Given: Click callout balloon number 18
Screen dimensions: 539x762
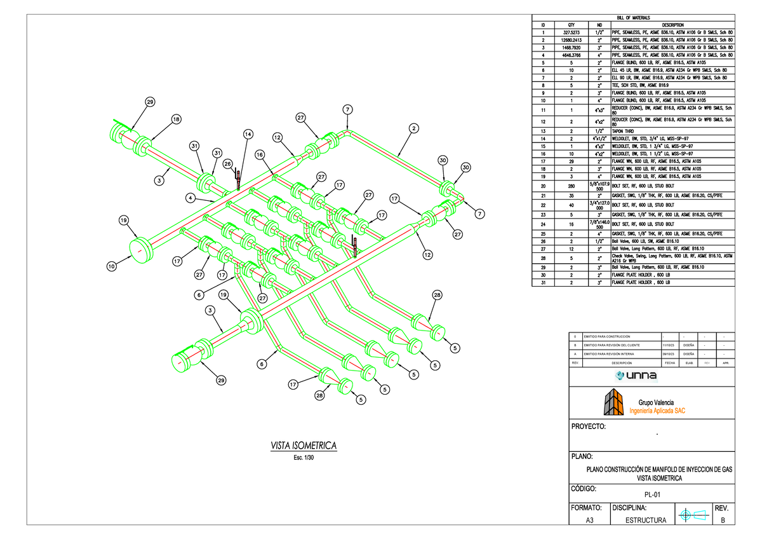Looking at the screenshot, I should tap(175, 119).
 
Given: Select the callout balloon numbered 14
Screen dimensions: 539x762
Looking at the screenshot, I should tap(248, 134).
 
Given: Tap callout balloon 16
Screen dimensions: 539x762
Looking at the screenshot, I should tap(259, 154).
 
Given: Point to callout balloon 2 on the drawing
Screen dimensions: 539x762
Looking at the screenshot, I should tap(413, 129).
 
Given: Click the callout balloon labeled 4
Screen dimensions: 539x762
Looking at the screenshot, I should tap(189, 198).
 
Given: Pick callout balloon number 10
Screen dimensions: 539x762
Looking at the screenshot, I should tap(112, 267).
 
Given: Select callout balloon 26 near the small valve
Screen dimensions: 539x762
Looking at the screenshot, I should tap(227, 164).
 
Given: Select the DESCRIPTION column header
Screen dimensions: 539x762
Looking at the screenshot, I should tap(671, 25).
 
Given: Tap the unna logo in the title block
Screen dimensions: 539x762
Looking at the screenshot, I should tap(650, 376).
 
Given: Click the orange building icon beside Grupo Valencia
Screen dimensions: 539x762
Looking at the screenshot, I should tap(614, 402).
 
